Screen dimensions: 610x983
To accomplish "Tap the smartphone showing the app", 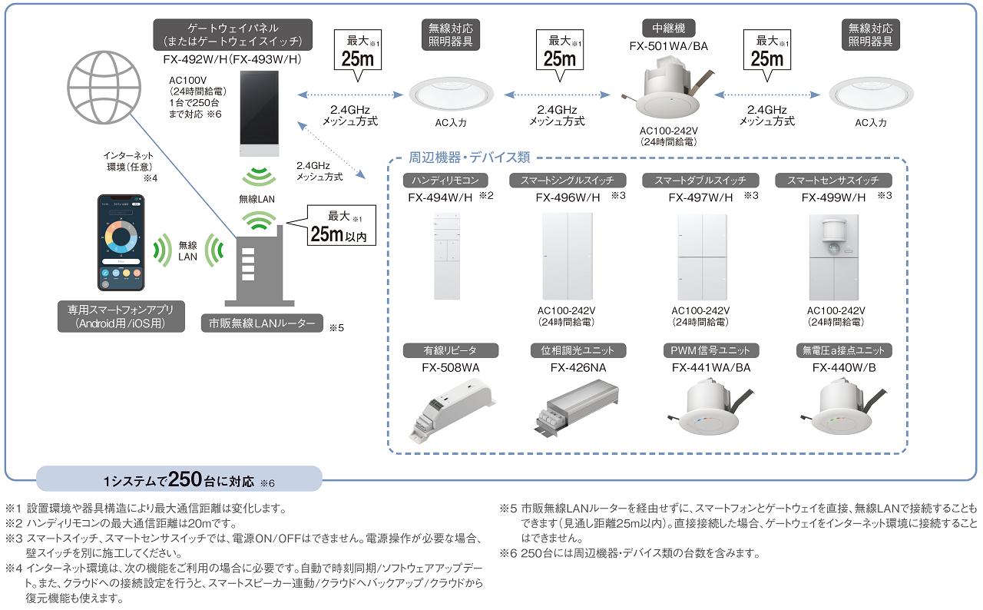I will pyautogui.click(x=121, y=243).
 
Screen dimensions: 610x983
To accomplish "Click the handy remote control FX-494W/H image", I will pyautogui.click(x=446, y=256).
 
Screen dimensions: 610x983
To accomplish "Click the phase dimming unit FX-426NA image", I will pyautogui.click(x=578, y=415).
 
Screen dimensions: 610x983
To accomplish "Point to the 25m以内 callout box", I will pyautogui.click(x=340, y=226).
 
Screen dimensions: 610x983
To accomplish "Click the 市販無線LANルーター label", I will pyautogui.click(x=261, y=323).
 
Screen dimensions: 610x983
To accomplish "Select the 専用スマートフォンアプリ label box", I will pyautogui.click(x=121, y=317).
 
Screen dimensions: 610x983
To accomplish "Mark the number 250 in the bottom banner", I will pyautogui.click(x=185, y=479).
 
